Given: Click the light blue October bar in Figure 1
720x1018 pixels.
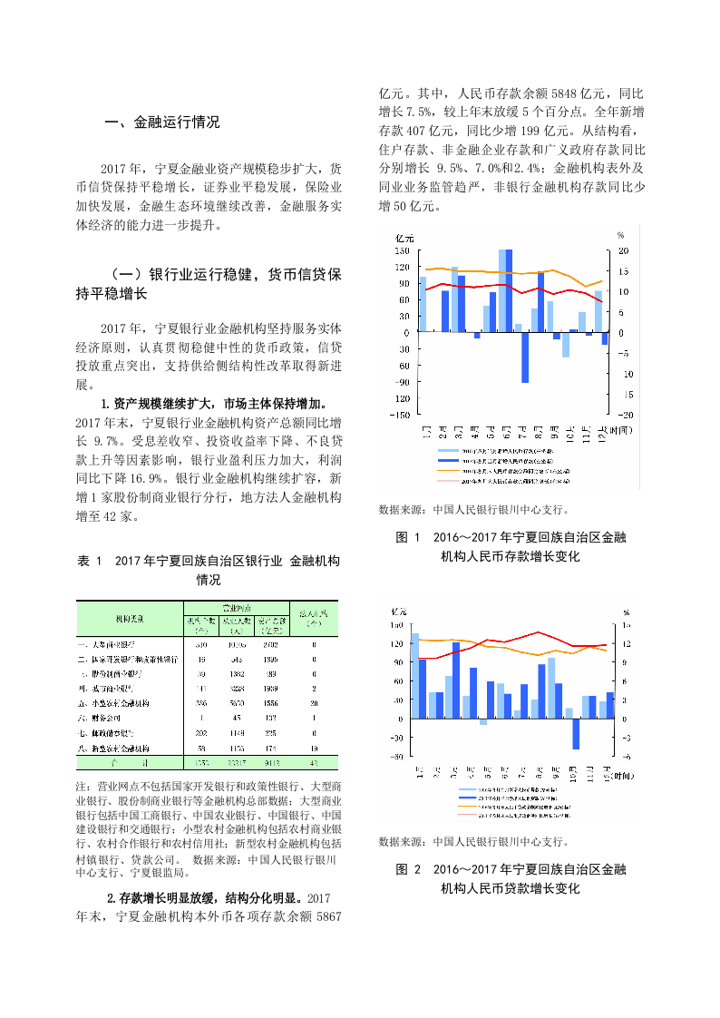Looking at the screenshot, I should pos(565,344).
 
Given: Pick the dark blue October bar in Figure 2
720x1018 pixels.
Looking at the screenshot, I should pos(576,733).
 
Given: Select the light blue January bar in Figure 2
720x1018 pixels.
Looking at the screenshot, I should pos(414,676).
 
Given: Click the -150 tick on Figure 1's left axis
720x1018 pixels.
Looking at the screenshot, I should pos(400,415).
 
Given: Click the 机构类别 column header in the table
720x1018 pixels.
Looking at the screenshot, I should pos(128,618).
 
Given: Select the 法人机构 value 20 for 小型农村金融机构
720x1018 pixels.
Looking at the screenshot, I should pos(313,703).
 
